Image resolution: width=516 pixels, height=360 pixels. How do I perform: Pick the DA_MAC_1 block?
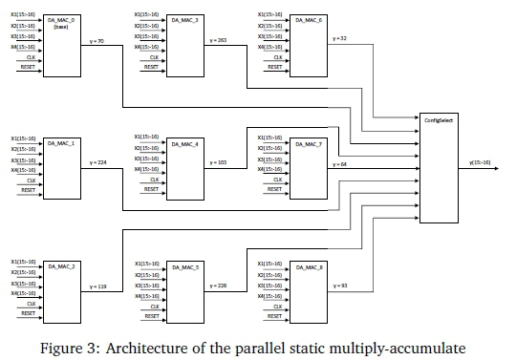pyautogui.click(x=63, y=166)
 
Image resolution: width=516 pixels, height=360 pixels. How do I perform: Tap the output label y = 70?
pyautogui.click(x=96, y=40)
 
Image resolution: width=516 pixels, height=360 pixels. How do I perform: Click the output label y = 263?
pyautogui.click(x=219, y=40)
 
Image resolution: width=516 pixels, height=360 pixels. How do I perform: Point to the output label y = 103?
pyautogui.click(x=219, y=163)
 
